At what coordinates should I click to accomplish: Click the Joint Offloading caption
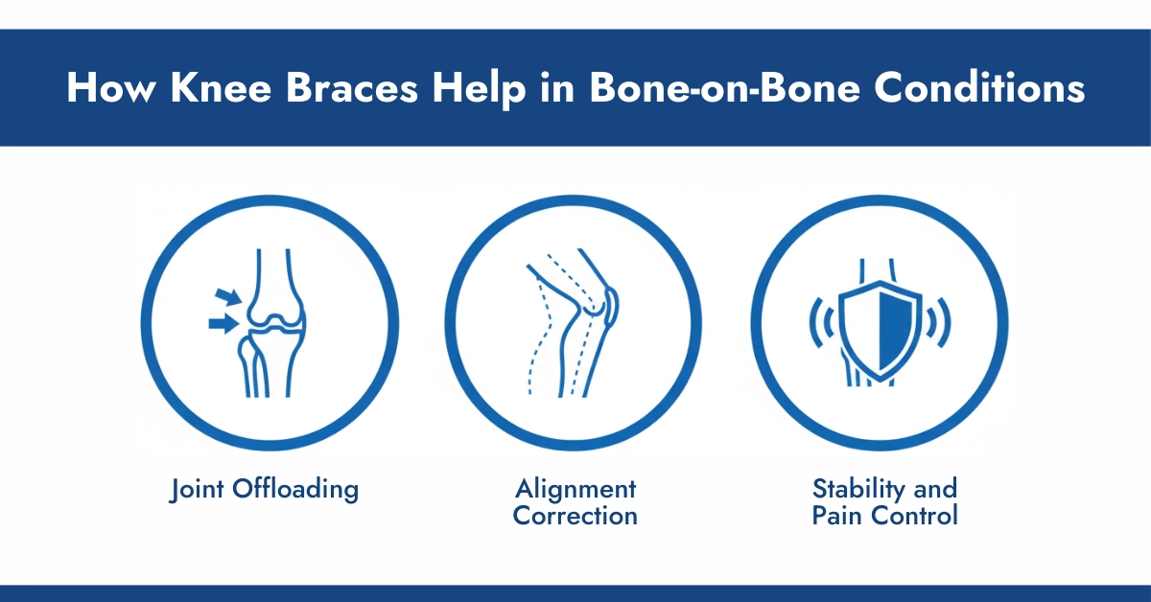pos(264,489)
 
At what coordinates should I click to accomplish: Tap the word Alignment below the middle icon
pos(575,489)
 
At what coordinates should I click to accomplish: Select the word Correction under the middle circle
pos(575,516)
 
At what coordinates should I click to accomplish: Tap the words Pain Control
pos(883,516)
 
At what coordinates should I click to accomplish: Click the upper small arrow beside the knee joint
pos(229,297)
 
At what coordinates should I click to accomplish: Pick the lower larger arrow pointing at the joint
pos(223,324)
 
